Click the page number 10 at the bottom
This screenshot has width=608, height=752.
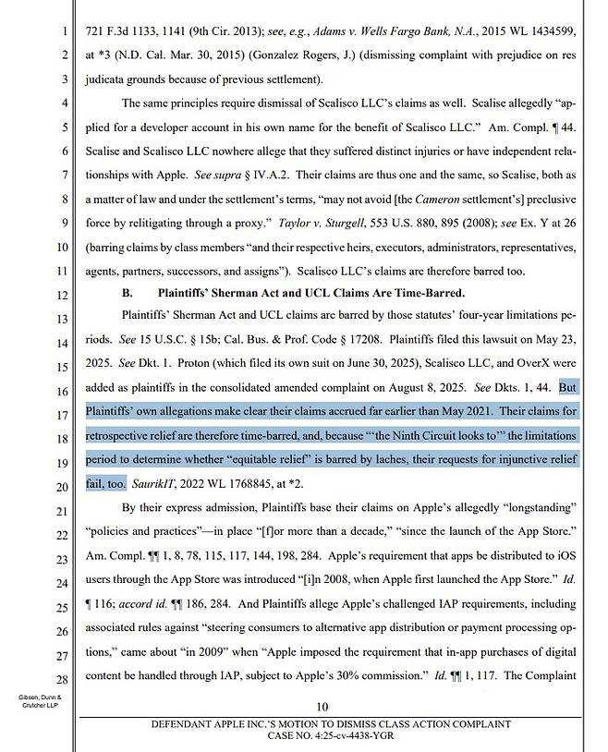(x=322, y=707)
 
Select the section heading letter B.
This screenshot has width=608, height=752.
(x=128, y=294)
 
